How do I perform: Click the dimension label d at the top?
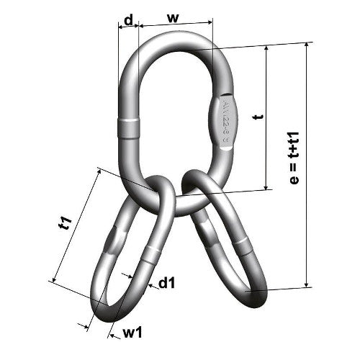128,19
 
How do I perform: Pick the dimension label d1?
166,284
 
